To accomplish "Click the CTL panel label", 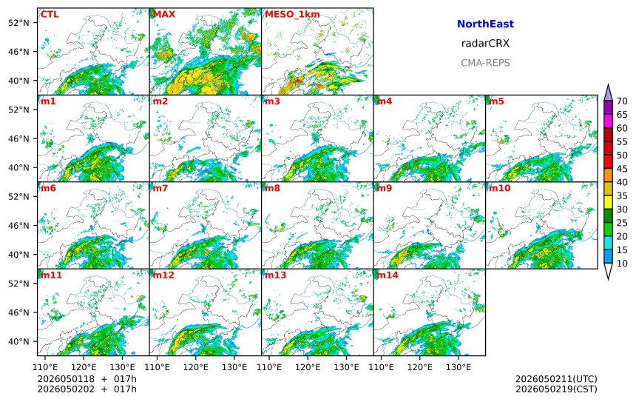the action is (x=50, y=14).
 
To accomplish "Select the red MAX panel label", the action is (x=164, y=14).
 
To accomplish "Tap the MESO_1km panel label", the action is (x=292, y=14).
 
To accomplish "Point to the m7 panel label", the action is (x=160, y=188).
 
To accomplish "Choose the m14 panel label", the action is (x=388, y=275).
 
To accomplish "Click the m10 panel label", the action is (x=499, y=188).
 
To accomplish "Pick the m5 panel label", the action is (x=496, y=101).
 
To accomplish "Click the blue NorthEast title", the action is (x=485, y=24).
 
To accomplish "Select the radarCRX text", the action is (x=485, y=44).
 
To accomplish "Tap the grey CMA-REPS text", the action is (x=485, y=63).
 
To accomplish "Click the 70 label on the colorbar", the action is (x=622, y=101).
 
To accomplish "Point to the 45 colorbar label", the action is (x=622, y=169).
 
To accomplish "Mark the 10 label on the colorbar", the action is (x=622, y=264).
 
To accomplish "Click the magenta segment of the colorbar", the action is (x=608, y=121).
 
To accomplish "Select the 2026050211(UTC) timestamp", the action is (x=556, y=379).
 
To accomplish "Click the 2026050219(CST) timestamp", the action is (x=556, y=389).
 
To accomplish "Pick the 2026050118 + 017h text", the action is (x=87, y=379).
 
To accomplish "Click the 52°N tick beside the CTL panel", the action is (x=18, y=23).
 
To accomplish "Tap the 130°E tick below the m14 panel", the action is (x=459, y=367).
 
